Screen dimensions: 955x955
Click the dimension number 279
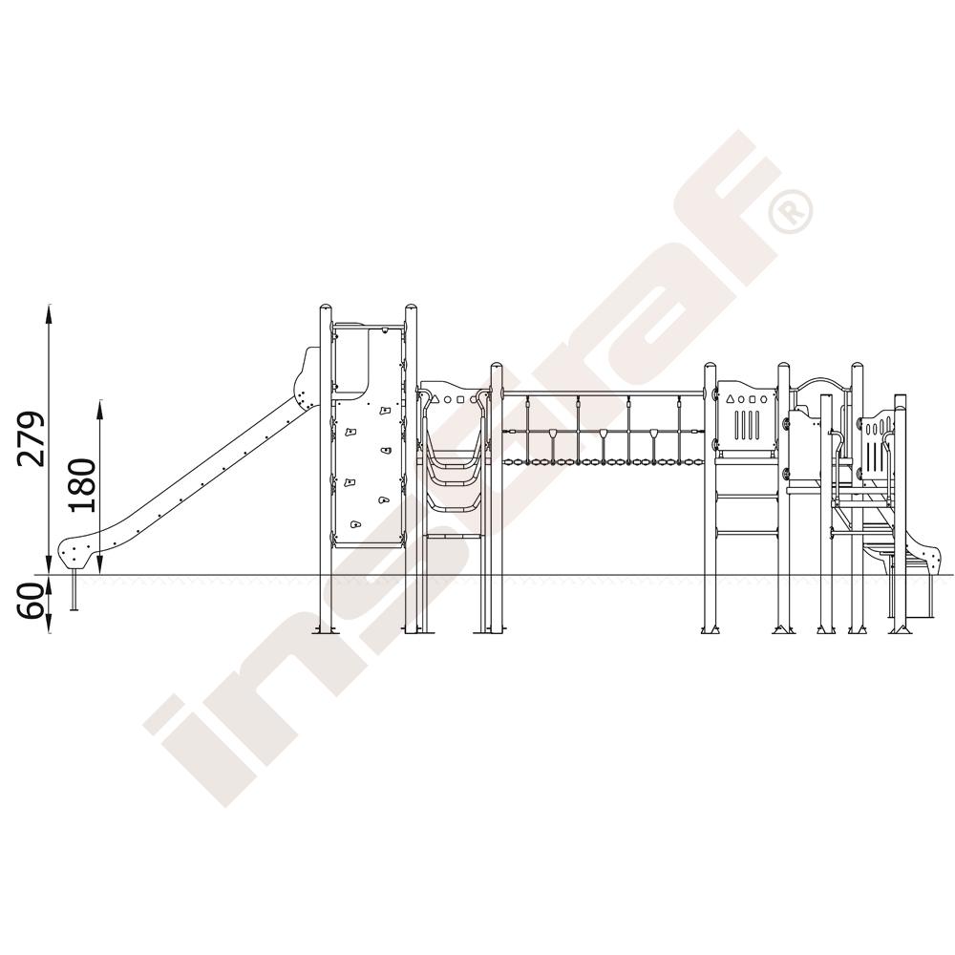click(32, 439)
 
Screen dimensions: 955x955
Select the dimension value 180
click(82, 485)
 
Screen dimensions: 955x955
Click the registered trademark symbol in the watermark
click(791, 211)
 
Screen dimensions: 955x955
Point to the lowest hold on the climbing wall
click(355, 523)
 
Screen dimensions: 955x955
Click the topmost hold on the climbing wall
click(384, 411)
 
